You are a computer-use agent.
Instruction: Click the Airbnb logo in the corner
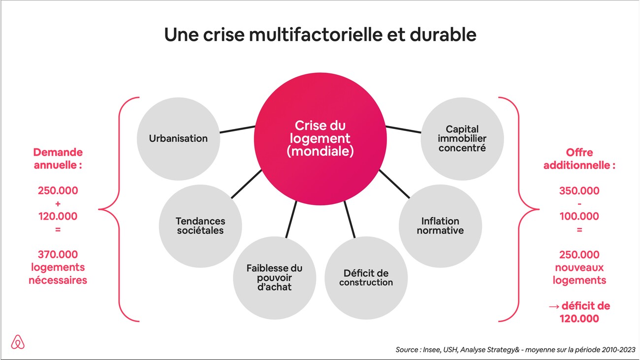tap(18, 342)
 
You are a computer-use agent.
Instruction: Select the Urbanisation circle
tap(178, 138)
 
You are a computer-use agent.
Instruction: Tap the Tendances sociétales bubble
tap(200, 226)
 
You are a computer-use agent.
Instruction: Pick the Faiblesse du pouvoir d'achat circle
tap(274, 277)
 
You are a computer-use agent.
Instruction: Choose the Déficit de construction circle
tap(366, 278)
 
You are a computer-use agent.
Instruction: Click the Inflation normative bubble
tap(440, 226)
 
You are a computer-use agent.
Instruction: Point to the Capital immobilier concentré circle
tap(462, 138)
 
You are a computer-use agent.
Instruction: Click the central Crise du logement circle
tap(320, 138)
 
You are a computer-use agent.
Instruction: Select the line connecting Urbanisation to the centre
tap(237, 130)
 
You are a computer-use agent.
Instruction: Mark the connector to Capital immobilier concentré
tap(403, 129)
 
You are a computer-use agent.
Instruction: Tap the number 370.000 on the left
tap(58, 255)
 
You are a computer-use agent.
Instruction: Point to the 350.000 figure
tap(579, 191)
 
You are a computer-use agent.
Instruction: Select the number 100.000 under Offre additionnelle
tap(579, 216)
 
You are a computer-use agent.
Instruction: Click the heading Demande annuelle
tap(58, 159)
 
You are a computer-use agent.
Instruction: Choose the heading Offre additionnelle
tap(579, 159)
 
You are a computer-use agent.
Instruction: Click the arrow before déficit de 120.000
tap(554, 306)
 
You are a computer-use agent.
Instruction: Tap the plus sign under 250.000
tap(58, 203)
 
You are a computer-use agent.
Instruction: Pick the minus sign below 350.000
tap(579, 203)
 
